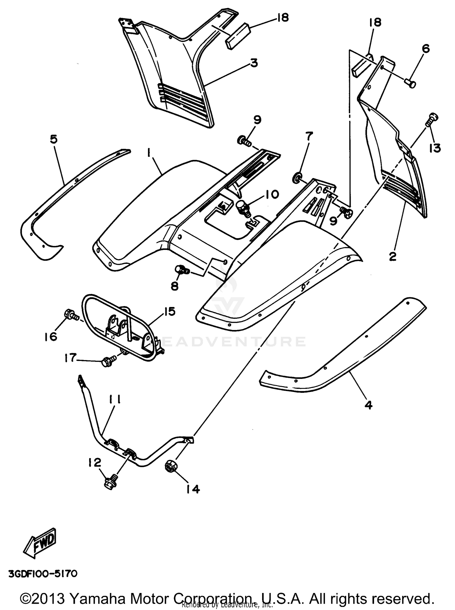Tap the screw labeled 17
107,362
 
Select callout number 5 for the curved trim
54,140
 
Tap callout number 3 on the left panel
254,63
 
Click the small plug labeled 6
410,83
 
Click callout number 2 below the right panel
393,257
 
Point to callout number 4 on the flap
368,405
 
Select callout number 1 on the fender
149,154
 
